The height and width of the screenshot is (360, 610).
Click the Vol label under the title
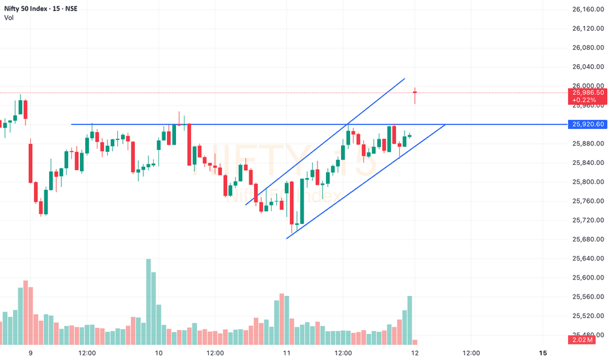(9, 18)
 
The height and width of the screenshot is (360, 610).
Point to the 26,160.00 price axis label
(587, 9)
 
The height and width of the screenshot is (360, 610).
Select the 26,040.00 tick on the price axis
(587, 67)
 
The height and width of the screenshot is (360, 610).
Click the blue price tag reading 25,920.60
(587, 124)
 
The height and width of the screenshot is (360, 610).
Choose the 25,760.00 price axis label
(587, 201)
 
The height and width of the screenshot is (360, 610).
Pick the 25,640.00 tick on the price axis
(587, 259)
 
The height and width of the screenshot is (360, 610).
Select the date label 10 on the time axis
(158, 353)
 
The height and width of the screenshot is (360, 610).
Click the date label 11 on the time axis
(287, 353)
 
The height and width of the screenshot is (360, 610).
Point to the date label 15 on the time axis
(543, 353)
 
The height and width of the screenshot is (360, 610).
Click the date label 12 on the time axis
(415, 353)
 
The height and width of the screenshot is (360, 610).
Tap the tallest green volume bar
(149, 301)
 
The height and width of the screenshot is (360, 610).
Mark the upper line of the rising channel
(327, 140)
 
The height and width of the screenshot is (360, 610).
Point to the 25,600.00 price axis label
(587, 278)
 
